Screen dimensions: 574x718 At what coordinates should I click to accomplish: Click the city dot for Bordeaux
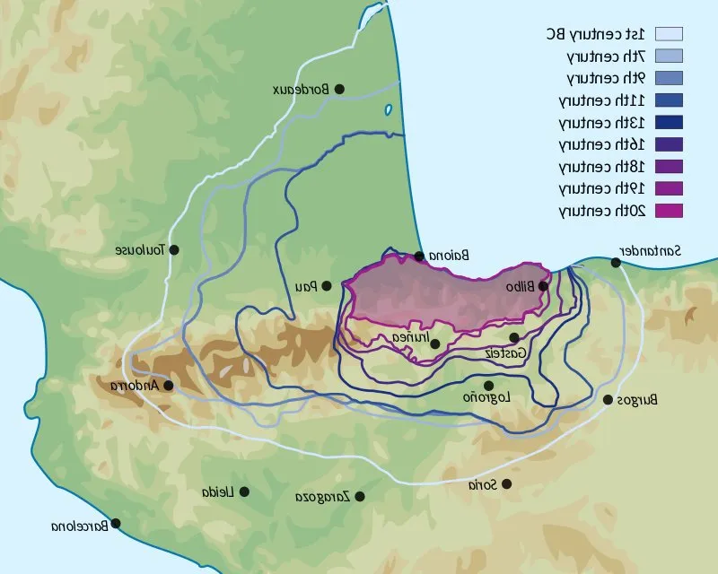point(339,89)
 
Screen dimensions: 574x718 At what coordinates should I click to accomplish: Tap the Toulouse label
point(141,250)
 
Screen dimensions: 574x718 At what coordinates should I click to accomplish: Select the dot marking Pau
point(327,286)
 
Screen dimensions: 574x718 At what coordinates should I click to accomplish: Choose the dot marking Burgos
point(609,400)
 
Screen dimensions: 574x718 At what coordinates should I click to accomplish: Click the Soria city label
point(482,485)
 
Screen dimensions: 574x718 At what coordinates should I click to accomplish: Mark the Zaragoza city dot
point(359,496)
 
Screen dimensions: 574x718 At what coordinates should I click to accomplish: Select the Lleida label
point(217,492)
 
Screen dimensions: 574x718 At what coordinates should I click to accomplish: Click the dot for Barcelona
point(115,524)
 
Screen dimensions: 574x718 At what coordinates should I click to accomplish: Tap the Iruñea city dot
point(434,344)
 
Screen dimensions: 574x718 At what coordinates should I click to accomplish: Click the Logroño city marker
point(488,386)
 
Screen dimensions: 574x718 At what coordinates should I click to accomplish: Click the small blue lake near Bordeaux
point(389,110)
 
